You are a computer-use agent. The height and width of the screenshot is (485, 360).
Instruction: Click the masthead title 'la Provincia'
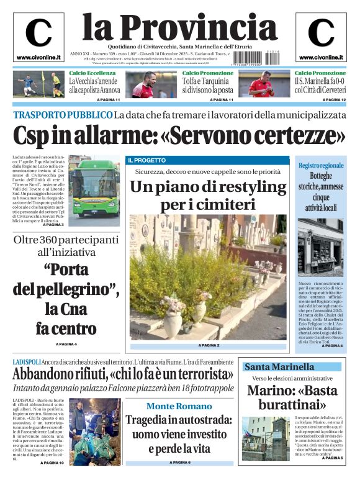pyautogui.click(x=179, y=27)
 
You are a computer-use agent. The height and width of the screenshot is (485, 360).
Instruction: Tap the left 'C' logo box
pyautogui.click(x=38, y=36)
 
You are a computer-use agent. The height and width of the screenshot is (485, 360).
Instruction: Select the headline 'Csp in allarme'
pyautogui.click(x=179, y=135)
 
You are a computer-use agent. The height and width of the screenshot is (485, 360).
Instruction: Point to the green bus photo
pyautogui.click(x=94, y=189)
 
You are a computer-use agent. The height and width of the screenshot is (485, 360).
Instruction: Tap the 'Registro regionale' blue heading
pyautogui.click(x=321, y=166)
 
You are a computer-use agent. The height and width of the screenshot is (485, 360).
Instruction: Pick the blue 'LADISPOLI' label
pyautogui.click(x=27, y=361)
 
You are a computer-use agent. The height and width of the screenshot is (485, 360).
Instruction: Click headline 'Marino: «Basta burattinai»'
pyautogui.click(x=292, y=397)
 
